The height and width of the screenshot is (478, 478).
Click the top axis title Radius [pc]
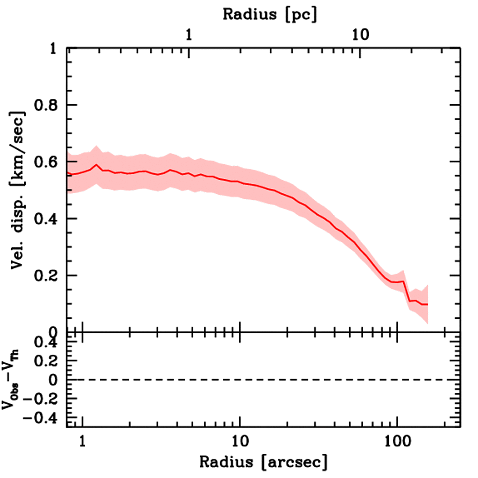coord(270,14)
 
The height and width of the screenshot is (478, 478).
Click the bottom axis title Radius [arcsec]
coord(263,462)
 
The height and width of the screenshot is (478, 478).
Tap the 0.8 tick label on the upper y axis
coord(46,105)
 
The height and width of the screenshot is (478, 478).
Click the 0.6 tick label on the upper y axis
coord(46,162)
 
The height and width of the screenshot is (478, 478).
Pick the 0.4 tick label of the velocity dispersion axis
coord(46,219)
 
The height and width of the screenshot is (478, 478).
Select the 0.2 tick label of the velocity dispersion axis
coord(46,275)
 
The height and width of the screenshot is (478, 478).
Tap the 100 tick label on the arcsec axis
coord(397,440)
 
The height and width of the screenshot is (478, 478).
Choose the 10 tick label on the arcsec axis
coord(239,440)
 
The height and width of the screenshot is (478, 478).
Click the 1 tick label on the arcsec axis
coord(83,440)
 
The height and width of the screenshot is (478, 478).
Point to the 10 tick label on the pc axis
coord(360,35)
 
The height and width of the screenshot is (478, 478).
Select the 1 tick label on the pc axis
coord(189,35)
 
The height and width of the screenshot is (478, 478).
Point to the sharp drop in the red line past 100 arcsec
coord(406,291)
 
